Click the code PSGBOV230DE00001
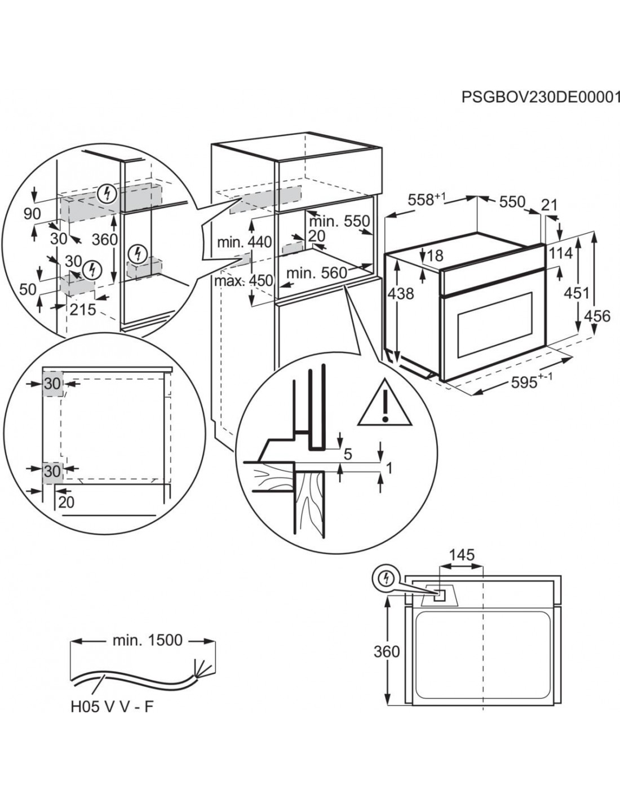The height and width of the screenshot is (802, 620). [541, 97]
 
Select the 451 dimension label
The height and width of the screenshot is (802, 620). [577, 293]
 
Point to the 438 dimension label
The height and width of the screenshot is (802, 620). [401, 293]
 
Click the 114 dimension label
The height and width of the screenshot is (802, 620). [575, 253]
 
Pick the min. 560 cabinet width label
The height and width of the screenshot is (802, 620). [316, 273]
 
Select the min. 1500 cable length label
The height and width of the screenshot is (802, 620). [147, 640]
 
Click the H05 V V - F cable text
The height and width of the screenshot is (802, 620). [112, 707]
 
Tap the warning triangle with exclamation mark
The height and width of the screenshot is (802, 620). [383, 402]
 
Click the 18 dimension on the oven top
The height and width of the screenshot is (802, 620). [435, 255]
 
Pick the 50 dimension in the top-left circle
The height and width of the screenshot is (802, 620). [28, 289]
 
